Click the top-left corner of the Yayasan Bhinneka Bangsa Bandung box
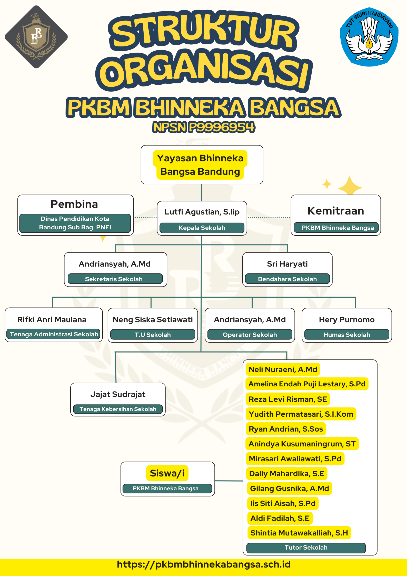pyautogui.click(x=141, y=146)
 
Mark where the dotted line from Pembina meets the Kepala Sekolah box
pyautogui.click(x=157, y=217)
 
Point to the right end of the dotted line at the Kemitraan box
pyautogui.click(x=291, y=217)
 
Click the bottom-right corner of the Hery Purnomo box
pyautogui.click(x=391, y=342)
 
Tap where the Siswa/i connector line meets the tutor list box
pyautogui.click(x=243, y=481)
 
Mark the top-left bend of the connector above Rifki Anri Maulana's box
pyautogui.click(x=52, y=297)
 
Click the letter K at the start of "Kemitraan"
pyautogui.click(x=311, y=211)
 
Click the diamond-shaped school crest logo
pyautogui.click(x=36, y=37)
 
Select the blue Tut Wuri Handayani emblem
pyautogui.click(x=369, y=37)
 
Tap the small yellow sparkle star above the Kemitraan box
pyautogui.click(x=327, y=184)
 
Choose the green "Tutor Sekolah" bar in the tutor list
pyautogui.click(x=306, y=548)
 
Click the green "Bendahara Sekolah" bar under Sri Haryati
pyautogui.click(x=287, y=279)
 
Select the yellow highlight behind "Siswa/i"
pyautogui.click(x=167, y=473)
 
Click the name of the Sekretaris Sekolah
pyautogui.click(x=115, y=264)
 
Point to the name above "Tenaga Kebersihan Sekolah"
pyautogui.click(x=118, y=394)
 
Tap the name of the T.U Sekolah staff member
pyautogui.click(x=153, y=320)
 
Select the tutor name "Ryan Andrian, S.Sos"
pyautogui.click(x=286, y=429)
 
